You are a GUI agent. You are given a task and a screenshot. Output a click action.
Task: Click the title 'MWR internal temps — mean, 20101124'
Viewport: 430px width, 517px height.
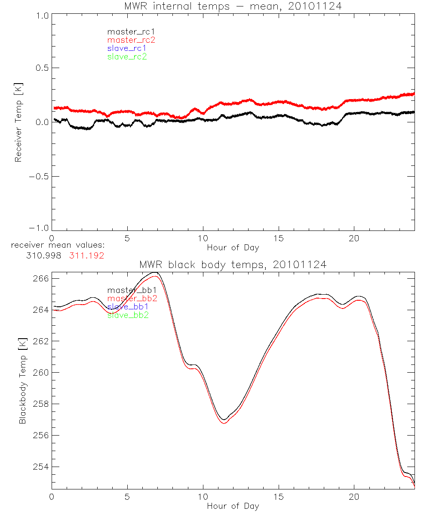(233, 6)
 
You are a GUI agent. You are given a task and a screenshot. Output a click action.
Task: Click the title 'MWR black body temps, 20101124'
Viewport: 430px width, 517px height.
(233, 265)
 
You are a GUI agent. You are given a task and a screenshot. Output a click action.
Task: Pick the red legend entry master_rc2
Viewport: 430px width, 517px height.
(131, 40)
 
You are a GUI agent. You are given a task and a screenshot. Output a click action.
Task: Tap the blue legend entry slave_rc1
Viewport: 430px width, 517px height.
(127, 48)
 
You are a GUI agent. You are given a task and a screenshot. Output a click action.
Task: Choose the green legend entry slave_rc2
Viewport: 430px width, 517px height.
(127, 56)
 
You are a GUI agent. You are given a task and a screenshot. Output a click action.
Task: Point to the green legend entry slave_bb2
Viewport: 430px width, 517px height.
(128, 315)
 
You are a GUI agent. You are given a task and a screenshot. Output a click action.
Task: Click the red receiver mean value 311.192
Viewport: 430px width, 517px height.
(86, 255)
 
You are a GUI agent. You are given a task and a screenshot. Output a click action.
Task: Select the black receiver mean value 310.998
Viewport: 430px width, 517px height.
(43, 255)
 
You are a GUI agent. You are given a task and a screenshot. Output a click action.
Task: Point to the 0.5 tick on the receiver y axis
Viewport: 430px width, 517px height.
(41, 68)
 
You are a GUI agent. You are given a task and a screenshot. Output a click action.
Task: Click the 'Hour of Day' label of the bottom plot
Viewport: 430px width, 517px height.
(233, 506)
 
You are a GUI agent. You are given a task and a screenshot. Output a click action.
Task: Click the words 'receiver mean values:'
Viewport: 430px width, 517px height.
(58, 246)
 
